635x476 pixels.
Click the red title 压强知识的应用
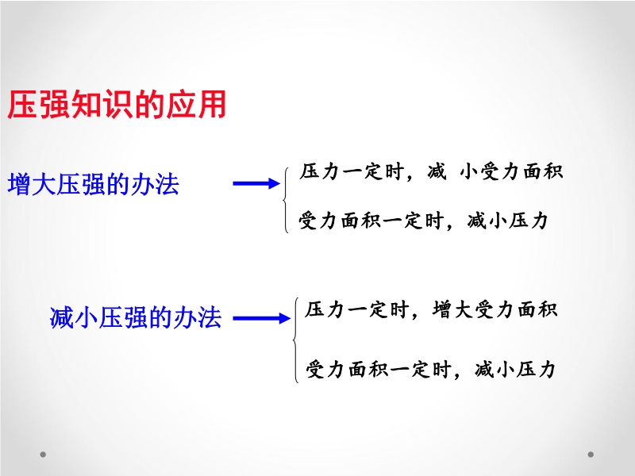(x=117, y=105)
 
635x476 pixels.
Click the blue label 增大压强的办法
(x=94, y=184)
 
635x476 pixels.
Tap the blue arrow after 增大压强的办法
(x=256, y=183)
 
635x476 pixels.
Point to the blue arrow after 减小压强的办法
(x=262, y=318)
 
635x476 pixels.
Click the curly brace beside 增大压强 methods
(x=286, y=200)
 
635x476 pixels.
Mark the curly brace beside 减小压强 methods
(x=296, y=340)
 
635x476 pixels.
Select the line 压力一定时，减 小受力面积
(x=431, y=171)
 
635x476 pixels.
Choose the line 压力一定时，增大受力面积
(x=431, y=310)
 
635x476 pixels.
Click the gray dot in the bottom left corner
(x=43, y=455)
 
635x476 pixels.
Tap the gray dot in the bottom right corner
(x=591, y=455)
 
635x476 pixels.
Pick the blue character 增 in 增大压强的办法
(x=19, y=185)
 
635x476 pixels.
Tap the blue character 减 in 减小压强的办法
(x=62, y=317)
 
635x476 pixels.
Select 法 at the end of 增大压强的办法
(x=167, y=184)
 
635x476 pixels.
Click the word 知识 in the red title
(x=101, y=105)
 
